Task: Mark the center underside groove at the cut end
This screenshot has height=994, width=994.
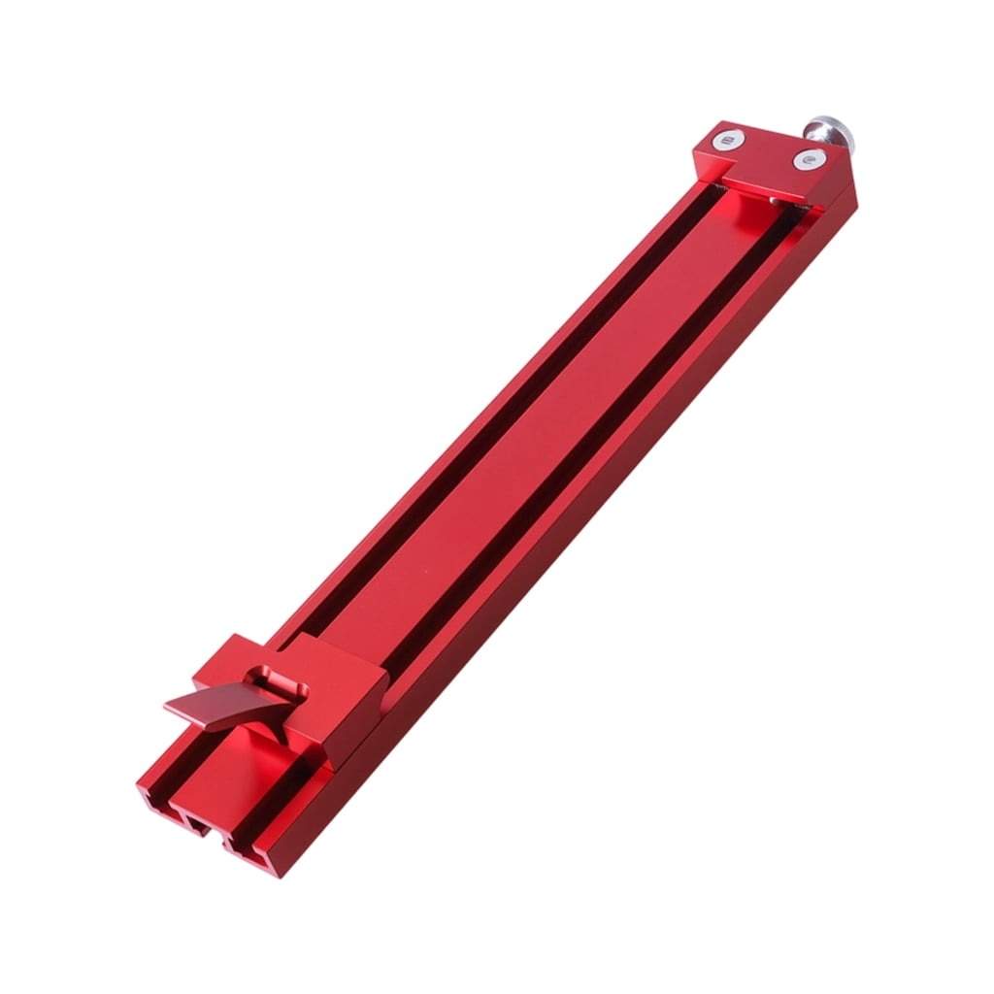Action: (198, 826)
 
